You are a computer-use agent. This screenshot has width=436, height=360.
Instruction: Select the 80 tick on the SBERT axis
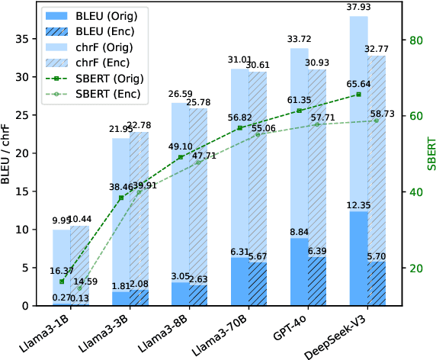pos(415,40)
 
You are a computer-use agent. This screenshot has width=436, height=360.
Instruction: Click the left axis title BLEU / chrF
pos(8,156)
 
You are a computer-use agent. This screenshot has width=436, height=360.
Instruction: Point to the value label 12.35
pos(357,205)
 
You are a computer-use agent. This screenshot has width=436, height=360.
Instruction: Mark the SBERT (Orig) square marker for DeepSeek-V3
pos(358,95)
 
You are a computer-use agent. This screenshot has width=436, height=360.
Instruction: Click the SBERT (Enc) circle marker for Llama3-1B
pos(79,288)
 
